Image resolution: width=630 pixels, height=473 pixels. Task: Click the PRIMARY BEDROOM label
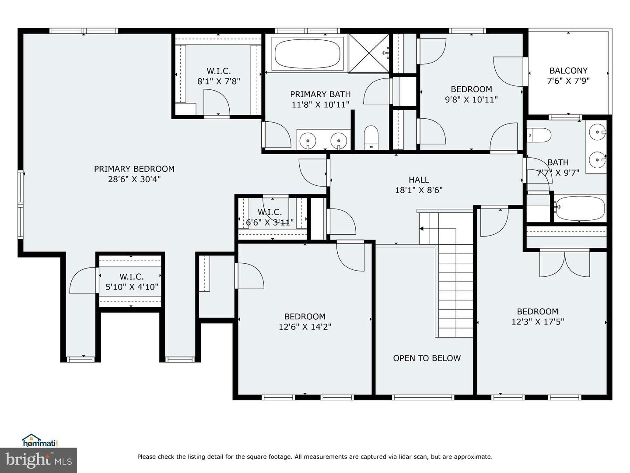point(134,169)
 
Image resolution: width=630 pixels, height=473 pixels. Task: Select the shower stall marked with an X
point(368,53)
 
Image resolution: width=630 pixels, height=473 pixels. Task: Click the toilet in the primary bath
point(371,137)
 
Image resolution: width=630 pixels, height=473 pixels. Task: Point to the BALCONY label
point(568,71)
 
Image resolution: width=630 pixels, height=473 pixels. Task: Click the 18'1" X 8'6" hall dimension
point(419,190)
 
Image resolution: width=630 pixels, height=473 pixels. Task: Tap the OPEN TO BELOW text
point(427,358)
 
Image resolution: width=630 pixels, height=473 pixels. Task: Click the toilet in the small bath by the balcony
point(539,135)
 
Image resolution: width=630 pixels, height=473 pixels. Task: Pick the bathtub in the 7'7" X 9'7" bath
point(580,209)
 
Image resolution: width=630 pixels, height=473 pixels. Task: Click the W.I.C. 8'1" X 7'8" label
point(219,76)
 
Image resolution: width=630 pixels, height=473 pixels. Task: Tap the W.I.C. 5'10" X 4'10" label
point(132,282)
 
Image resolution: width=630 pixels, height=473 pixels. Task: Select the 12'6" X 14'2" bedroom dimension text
point(304,327)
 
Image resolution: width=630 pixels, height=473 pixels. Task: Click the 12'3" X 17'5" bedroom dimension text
point(537,322)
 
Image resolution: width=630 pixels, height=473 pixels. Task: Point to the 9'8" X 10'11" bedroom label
point(471,94)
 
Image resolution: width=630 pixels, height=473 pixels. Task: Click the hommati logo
point(40,441)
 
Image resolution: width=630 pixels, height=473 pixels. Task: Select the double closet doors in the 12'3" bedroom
point(565,263)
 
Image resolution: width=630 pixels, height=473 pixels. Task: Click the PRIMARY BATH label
point(320,94)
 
